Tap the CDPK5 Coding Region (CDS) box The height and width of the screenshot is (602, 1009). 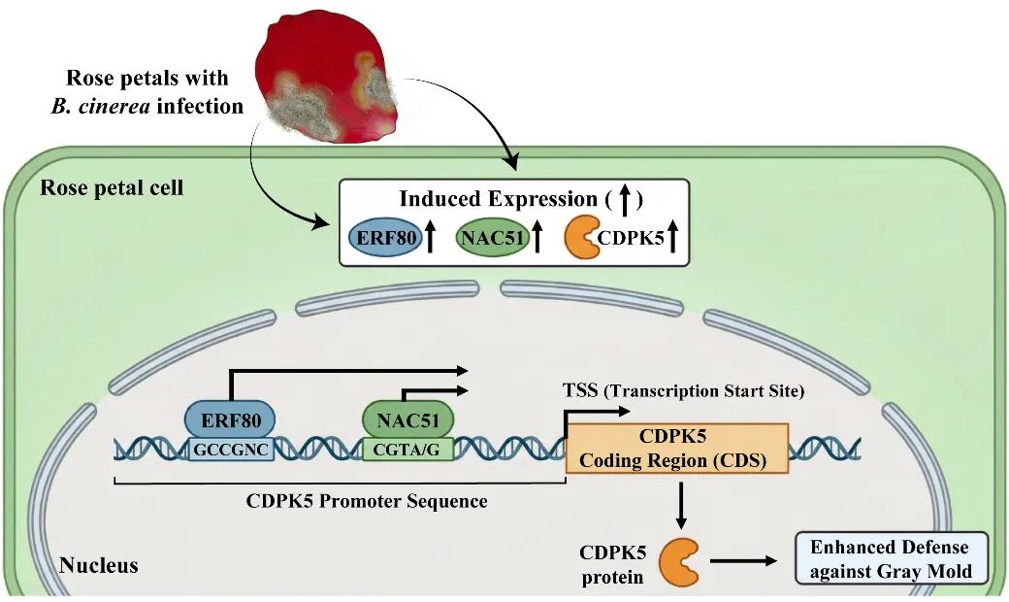point(677,449)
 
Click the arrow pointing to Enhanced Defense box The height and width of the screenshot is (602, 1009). point(743,560)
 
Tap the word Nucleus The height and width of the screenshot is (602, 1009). point(99,564)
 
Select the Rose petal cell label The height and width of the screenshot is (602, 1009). point(112,186)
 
